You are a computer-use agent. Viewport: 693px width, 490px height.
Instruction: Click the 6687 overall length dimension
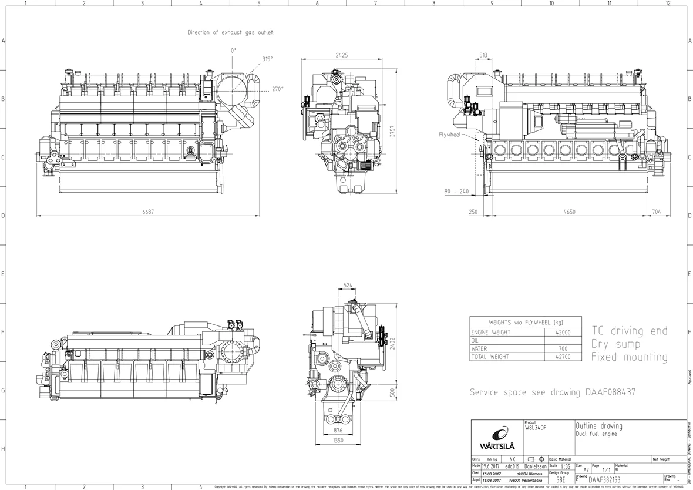(x=148, y=212)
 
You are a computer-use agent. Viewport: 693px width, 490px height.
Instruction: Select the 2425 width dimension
(x=342, y=55)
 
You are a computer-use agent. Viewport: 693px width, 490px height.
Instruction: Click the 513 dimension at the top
(x=483, y=55)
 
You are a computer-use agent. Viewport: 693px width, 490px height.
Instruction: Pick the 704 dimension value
(x=656, y=212)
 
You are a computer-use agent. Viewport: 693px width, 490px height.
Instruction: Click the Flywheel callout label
(x=450, y=135)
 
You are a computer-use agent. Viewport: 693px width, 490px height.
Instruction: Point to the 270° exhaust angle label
(x=277, y=89)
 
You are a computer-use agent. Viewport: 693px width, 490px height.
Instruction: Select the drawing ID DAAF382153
(x=604, y=480)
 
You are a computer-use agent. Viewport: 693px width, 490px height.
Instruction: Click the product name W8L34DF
(x=535, y=428)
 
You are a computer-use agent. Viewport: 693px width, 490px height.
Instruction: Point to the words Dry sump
(x=615, y=344)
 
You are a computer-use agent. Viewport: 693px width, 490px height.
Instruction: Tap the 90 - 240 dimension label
(x=456, y=192)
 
